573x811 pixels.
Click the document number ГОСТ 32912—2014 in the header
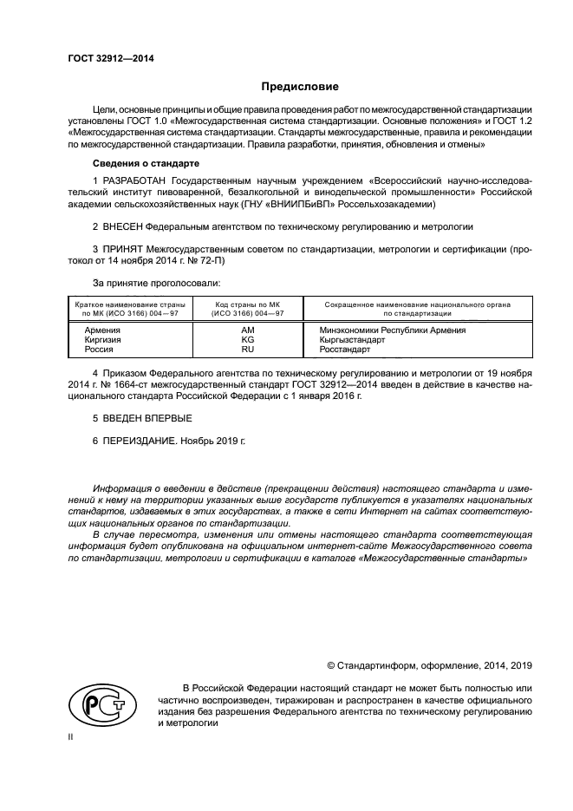[105, 58]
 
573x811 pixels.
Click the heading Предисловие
[302, 87]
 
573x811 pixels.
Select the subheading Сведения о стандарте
[147, 163]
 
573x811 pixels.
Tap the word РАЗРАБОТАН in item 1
[135, 180]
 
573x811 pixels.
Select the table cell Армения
[102, 330]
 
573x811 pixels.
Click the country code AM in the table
[248, 330]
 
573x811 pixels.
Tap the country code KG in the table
[248, 339]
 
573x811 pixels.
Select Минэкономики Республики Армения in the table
[393, 330]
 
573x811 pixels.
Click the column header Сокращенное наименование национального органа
[417, 304]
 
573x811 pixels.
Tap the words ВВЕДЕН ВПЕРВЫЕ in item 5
[134, 418]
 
